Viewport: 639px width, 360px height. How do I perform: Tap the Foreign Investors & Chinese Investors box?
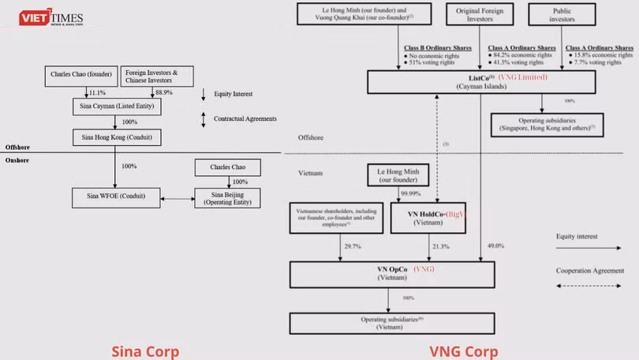coord(158,77)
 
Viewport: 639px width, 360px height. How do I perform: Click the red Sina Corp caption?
coord(145,351)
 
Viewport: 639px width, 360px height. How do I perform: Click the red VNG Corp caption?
coord(463,351)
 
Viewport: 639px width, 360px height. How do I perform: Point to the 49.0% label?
coord(495,246)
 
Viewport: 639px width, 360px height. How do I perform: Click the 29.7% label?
coord(353,246)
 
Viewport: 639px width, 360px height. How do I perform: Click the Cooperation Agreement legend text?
coord(585,270)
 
